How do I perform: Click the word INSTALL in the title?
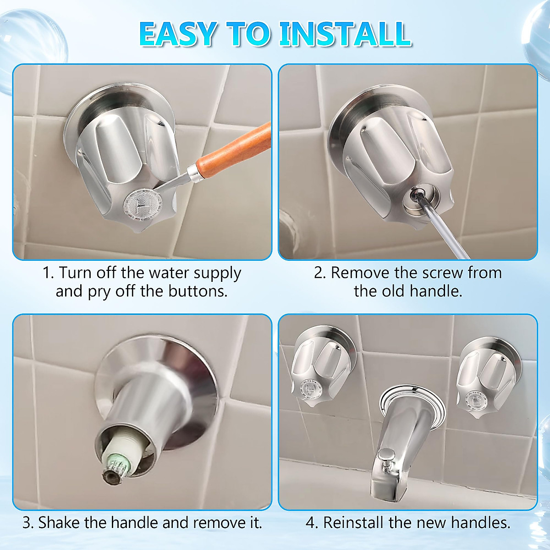(345, 33)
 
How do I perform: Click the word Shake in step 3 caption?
(58, 522)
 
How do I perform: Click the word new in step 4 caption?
(432, 522)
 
